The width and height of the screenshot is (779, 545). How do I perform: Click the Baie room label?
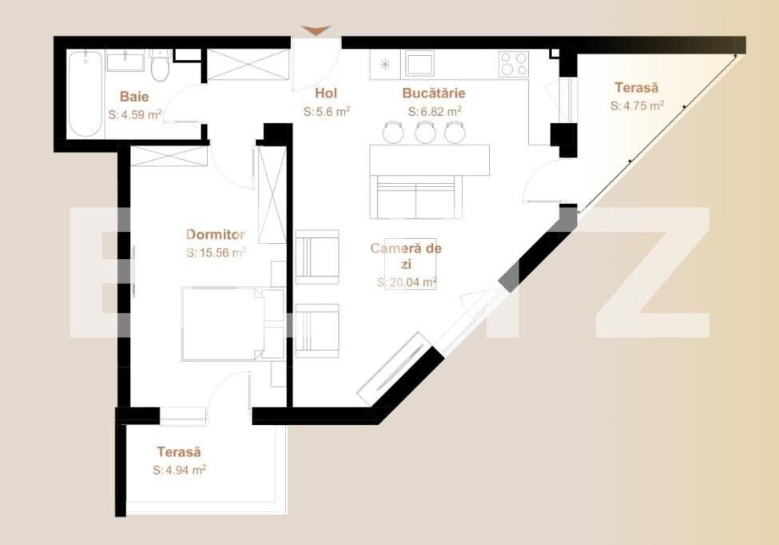[134, 97]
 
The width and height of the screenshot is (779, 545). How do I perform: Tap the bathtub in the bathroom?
[84, 95]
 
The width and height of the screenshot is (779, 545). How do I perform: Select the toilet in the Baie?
[160, 66]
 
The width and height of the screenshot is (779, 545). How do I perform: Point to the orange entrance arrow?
[316, 30]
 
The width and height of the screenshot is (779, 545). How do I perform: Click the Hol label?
[326, 93]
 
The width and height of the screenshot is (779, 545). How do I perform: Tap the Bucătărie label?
[434, 93]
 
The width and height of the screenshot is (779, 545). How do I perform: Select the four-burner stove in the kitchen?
[513, 63]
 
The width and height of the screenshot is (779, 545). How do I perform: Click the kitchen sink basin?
[418, 63]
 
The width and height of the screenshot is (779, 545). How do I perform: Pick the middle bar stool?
[425, 132]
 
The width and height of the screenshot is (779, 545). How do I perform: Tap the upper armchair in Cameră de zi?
[317, 257]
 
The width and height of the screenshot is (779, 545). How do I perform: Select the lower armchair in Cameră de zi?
[317, 330]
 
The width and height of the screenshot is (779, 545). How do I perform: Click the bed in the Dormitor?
[224, 324]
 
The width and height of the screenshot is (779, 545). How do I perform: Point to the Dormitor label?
[216, 234]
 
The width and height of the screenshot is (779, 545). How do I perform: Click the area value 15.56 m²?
[217, 252]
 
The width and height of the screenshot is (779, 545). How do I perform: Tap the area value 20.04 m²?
[407, 282]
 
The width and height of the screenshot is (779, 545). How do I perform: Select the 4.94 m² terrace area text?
[180, 471]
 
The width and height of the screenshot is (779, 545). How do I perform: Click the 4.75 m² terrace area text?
[638, 105]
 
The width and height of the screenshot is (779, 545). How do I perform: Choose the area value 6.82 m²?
[434, 112]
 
